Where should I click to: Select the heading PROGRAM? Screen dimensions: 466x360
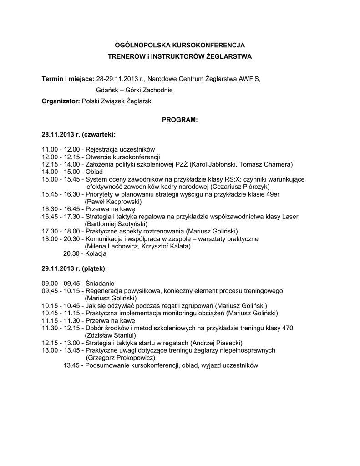coord(180,120)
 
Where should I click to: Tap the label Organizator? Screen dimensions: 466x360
coord(61,101)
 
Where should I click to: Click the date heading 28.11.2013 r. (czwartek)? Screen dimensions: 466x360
coord(78,135)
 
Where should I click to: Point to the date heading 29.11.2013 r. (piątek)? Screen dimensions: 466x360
coord(75,268)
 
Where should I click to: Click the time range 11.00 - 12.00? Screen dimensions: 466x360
coord(61,149)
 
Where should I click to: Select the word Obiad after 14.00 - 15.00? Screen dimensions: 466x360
coord(94,172)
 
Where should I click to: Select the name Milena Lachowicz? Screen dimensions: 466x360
coord(114,246)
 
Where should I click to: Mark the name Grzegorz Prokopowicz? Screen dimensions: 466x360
coord(120,357)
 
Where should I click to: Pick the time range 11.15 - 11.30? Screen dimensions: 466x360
coord(61,320)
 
